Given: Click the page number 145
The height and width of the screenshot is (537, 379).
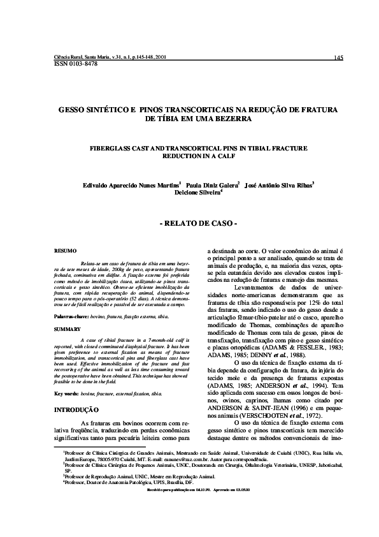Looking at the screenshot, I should [x=338, y=58].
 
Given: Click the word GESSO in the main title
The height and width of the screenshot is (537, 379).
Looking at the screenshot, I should [x=72, y=110].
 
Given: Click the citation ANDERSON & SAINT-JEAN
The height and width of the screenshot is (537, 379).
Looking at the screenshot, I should [x=247, y=401].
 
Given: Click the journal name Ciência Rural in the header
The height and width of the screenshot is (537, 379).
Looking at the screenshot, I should [x=69, y=57].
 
